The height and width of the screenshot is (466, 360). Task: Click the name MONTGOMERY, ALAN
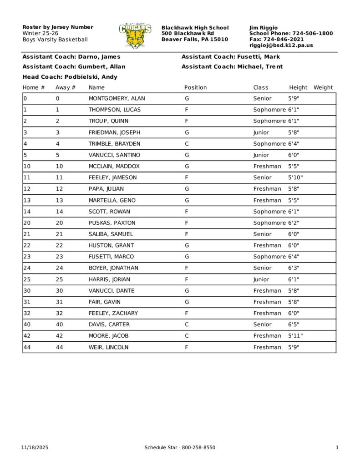pos(117,98)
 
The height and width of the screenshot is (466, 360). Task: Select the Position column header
pos(195,87)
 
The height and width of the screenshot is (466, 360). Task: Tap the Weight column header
pos(323,87)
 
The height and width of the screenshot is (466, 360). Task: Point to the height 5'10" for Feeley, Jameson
pos(295,177)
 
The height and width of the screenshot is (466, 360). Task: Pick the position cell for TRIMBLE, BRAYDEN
pos(187,143)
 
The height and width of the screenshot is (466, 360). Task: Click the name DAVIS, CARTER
pos(109,324)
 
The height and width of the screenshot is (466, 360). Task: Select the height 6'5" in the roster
pos(294,324)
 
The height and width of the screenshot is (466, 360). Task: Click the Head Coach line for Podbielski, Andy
pos(70,77)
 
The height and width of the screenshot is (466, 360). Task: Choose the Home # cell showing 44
pos(26,347)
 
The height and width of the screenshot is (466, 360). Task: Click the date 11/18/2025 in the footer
pos(35,448)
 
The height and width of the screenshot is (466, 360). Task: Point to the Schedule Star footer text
pos(180,448)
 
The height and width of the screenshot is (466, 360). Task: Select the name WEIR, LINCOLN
pos(108,347)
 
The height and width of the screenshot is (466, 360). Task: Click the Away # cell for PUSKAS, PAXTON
pos(59,223)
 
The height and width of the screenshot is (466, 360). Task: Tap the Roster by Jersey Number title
pos(58,27)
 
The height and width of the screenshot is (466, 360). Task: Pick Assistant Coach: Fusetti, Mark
pos(231,57)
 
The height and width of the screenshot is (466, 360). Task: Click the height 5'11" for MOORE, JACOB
pos(295,336)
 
